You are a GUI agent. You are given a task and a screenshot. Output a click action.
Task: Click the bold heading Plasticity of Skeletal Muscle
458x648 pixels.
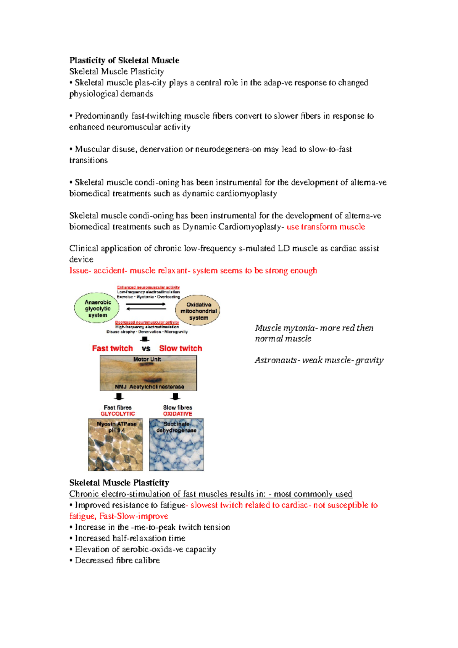[x=124, y=60]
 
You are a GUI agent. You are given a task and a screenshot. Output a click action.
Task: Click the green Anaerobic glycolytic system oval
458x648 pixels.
[x=97, y=308]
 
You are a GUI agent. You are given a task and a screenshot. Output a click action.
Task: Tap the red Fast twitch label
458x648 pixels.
[x=112, y=348]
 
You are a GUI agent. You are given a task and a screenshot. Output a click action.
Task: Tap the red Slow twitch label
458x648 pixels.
[x=181, y=348]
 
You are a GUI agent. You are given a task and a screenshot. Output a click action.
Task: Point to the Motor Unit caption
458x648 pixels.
[x=147, y=359]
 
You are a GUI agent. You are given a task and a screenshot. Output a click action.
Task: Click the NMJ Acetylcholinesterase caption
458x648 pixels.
[x=149, y=387]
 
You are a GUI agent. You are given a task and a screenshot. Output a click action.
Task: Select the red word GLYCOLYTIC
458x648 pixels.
[x=118, y=414]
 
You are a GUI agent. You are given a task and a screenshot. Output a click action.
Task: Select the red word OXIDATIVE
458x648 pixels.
[x=177, y=414]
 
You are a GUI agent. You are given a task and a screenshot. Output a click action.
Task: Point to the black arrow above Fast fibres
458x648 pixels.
[x=119, y=397]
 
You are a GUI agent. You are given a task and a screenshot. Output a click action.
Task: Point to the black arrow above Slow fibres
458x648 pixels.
[x=175, y=397]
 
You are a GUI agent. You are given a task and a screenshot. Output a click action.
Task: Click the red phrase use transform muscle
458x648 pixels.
[x=326, y=227]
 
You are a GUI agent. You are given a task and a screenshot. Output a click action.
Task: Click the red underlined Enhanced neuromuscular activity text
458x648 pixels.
[x=148, y=287]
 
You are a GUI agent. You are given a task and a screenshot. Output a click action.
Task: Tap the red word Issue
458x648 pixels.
[x=78, y=271]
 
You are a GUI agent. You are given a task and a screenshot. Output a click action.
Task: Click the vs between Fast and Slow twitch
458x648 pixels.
[x=146, y=349]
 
